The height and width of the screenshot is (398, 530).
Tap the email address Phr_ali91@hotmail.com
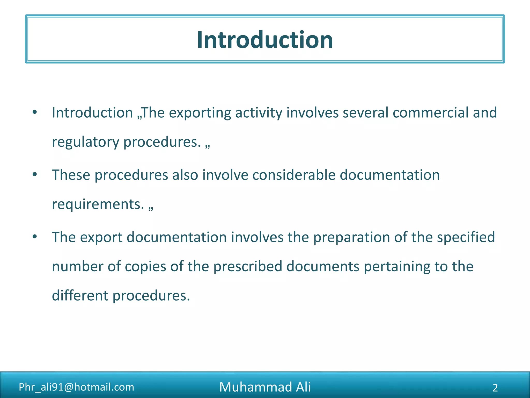click(x=77, y=387)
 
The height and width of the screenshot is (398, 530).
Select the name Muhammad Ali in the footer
click(x=265, y=387)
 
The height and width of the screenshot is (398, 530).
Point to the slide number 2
click(x=495, y=388)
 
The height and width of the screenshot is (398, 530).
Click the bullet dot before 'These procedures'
click(x=35, y=174)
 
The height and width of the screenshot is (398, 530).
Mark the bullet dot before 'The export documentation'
click(x=35, y=237)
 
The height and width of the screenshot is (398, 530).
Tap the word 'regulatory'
click(x=85, y=142)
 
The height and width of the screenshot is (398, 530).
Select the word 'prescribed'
click(x=247, y=267)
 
